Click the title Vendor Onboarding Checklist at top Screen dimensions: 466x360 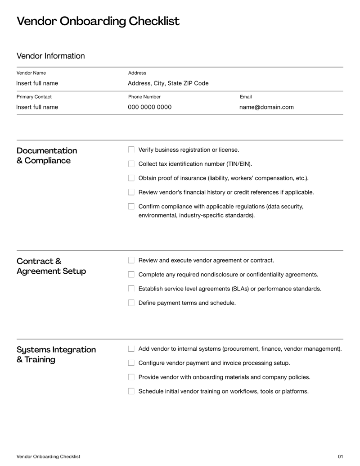tap(98, 21)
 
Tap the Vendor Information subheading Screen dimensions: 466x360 tap(50, 56)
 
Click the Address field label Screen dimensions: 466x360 tap(137, 73)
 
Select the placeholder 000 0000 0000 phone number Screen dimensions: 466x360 tap(149, 107)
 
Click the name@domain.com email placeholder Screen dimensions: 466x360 tap(266, 107)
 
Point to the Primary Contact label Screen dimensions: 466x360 tap(34, 97)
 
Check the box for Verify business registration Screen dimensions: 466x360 tap(131, 149)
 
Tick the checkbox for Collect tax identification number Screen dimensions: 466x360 tap(131, 164)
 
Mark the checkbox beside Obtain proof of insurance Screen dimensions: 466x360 tap(131, 178)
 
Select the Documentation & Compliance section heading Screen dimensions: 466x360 tap(46, 155)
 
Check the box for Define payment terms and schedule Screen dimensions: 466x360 tap(131, 303)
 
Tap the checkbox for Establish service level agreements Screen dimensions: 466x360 tap(131, 289)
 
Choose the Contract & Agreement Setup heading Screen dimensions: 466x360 tap(51, 266)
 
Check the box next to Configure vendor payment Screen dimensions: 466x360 tap(131, 363)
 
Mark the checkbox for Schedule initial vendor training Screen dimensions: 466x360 tap(131, 391)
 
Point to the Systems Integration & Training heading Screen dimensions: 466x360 tap(56, 354)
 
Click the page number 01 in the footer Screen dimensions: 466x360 tap(340, 457)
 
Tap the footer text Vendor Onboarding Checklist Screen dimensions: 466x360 tap(48, 457)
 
